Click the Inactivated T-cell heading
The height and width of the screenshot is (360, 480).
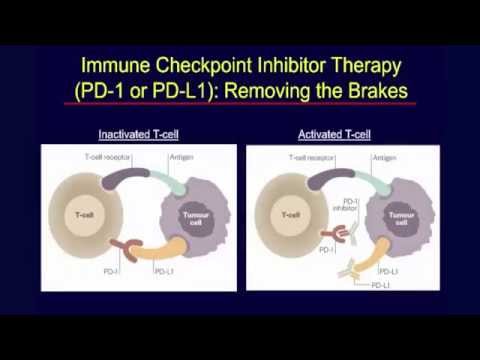pyautogui.click(x=138, y=133)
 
